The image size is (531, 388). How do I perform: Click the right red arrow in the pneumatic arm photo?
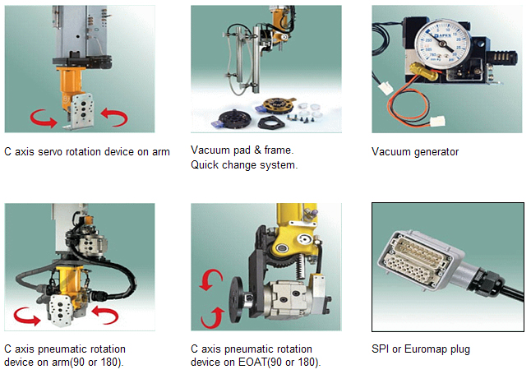coord(109,313)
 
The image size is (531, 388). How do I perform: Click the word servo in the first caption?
coord(51,151)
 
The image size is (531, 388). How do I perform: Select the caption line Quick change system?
coord(244,164)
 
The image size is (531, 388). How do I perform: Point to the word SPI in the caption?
coord(381,349)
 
